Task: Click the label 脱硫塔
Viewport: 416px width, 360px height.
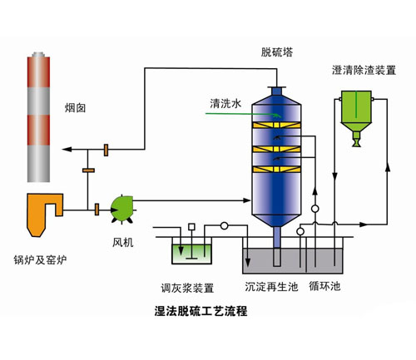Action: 277,52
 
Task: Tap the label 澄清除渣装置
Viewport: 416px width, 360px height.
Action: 364,70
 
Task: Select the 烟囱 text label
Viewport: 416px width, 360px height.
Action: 75,108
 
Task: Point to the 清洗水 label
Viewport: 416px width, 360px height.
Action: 225,103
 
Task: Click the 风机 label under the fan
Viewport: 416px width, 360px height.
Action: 123,243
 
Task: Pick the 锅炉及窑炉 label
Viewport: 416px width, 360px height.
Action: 40,260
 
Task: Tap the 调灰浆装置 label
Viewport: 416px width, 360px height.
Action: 187,288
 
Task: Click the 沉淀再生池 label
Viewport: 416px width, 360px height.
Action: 271,287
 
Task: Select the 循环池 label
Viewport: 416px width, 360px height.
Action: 324,286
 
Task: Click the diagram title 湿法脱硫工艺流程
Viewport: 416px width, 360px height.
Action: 201,311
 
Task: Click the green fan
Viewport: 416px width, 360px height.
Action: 122,209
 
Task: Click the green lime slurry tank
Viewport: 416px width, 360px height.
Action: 191,254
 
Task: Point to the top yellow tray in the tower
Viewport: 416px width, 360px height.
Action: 276,126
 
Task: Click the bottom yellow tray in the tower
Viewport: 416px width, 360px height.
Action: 276,170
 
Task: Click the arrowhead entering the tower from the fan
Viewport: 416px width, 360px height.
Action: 246,200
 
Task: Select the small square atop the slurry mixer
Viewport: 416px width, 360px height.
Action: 191,227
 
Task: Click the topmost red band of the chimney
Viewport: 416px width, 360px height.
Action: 38,72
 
